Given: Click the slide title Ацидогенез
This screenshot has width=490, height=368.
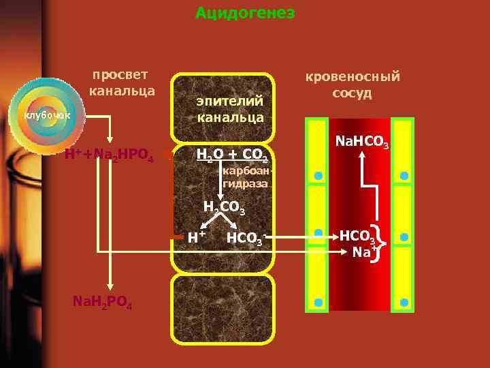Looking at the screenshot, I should pyautogui.click(x=245, y=13).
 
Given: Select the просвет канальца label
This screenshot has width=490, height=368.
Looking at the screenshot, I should pyautogui.click(x=122, y=82).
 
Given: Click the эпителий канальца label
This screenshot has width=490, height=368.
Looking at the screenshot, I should pyautogui.click(x=230, y=108).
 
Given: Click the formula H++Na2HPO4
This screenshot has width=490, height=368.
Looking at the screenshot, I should pyautogui.click(x=109, y=155).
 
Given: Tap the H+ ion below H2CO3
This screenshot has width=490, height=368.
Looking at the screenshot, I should pyautogui.click(x=197, y=237).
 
